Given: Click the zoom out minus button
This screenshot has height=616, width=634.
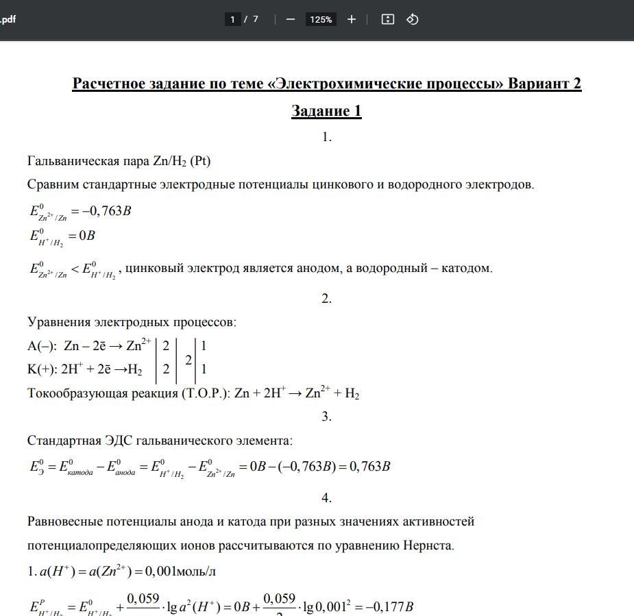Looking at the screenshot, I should (290, 19).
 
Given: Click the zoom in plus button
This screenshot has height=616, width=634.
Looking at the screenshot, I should (352, 19).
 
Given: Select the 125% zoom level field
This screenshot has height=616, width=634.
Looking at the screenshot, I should (321, 19).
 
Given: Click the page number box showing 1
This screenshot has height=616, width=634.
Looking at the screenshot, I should (232, 19).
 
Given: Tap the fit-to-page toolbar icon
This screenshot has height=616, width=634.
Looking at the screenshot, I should (387, 19).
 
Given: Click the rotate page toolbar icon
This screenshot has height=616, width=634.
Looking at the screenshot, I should (413, 19).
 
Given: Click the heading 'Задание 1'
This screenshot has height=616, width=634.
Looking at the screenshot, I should (326, 111).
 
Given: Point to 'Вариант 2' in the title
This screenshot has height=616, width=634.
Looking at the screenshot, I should (545, 84).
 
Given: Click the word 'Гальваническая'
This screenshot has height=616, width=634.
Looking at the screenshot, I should (71, 161).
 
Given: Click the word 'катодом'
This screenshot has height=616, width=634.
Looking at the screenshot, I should (468, 267).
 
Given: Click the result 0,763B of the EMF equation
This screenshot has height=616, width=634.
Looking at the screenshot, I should (369, 467).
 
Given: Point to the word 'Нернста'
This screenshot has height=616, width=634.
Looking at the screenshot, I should (430, 545).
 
